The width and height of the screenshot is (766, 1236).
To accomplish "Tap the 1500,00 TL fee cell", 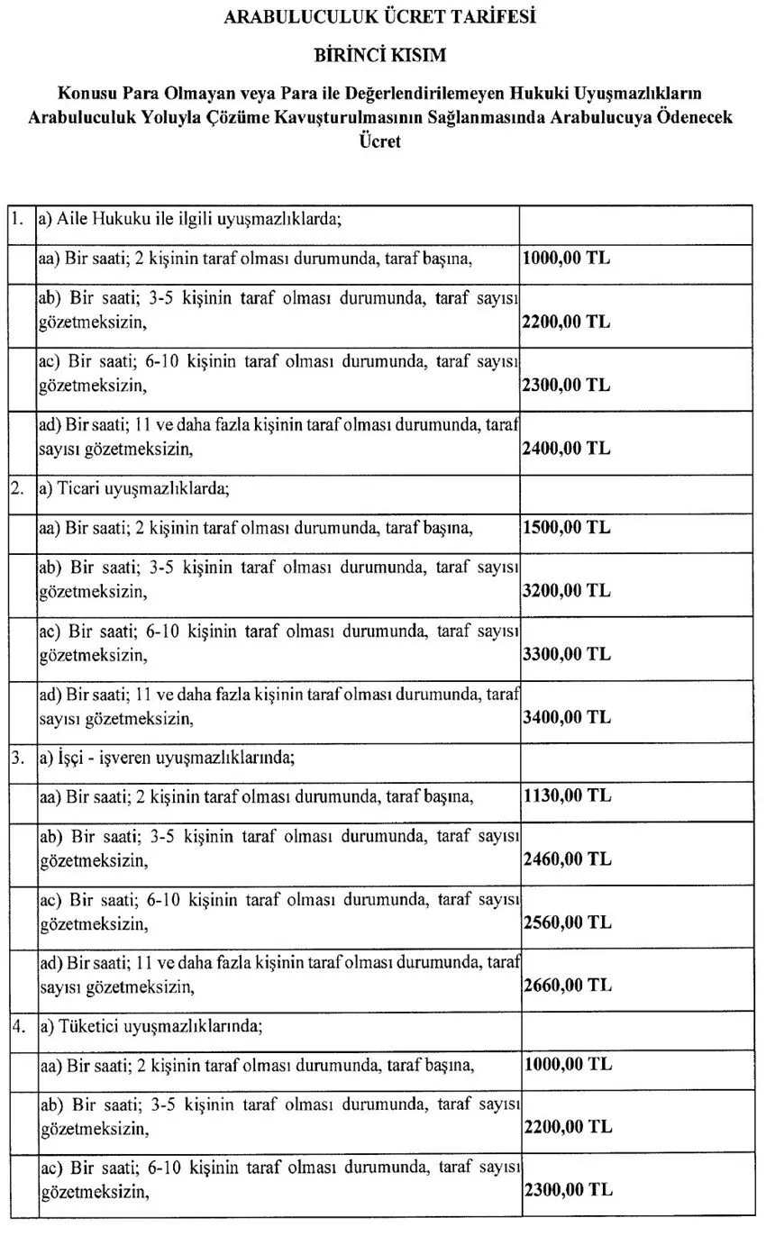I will (x=566, y=528).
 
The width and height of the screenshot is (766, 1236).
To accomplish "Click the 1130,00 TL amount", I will (x=566, y=795).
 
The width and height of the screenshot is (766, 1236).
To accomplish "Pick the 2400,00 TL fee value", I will (x=566, y=448).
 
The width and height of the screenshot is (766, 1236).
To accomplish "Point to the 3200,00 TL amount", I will (x=566, y=591).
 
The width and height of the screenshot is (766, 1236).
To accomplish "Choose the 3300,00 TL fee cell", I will (x=566, y=654).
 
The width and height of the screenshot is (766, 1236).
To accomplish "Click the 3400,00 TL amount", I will (x=566, y=717).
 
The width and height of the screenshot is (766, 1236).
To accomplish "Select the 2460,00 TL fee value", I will (x=566, y=859).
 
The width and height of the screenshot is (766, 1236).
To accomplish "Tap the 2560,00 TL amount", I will (x=566, y=922).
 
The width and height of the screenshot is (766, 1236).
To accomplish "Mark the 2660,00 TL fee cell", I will (x=566, y=985).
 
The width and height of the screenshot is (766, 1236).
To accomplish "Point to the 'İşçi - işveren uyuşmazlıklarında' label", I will (x=168, y=758).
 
